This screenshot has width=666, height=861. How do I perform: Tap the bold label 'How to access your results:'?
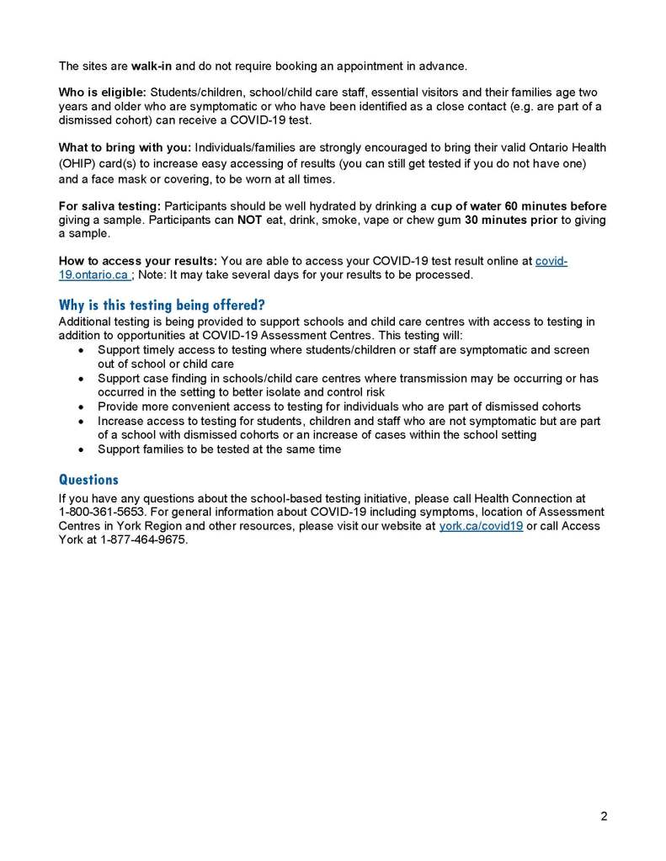[x=138, y=261]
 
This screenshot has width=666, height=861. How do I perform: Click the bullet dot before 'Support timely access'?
[x=80, y=350]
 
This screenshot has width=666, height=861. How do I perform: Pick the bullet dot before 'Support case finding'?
[x=80, y=379]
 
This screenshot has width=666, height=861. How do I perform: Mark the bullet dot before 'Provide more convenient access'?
[x=80, y=407]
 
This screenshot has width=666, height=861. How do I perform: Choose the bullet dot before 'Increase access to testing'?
[x=80, y=421]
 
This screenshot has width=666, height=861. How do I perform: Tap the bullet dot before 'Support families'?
[x=80, y=449]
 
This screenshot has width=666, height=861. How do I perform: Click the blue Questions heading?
[x=88, y=480]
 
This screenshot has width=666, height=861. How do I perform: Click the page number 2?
[x=604, y=816]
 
